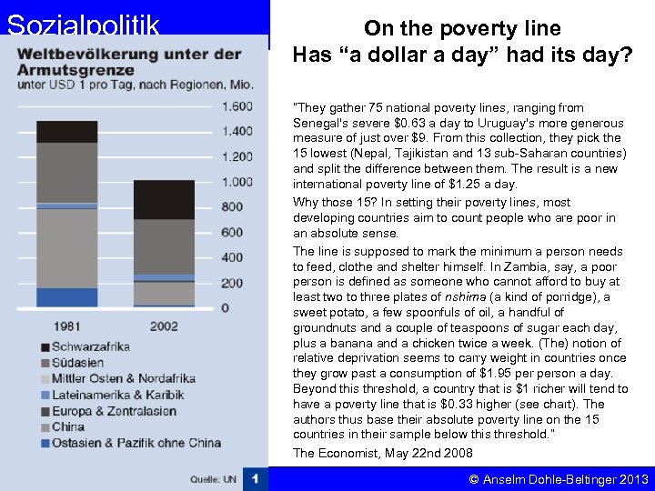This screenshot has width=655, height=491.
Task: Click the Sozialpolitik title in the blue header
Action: [83, 24]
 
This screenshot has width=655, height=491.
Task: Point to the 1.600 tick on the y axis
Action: [237, 106]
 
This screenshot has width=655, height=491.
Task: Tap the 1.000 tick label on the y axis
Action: [237, 182]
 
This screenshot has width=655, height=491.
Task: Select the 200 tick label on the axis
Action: [233, 283]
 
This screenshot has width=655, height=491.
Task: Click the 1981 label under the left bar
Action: [66, 325]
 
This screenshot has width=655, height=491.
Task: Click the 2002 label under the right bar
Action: [164, 325]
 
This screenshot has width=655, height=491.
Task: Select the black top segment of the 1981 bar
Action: [66, 132]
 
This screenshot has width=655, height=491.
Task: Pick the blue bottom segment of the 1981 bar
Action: [66, 297]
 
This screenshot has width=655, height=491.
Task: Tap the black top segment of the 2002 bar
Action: [164, 199]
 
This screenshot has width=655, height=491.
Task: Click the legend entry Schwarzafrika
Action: [90, 346]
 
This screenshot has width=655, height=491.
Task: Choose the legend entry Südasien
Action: [80, 363]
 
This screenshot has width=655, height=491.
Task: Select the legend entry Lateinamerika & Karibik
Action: [117, 395]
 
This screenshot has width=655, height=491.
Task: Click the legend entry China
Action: [68, 426]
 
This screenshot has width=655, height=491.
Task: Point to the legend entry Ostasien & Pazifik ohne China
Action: [136, 443]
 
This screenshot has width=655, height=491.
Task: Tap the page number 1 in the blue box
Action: [256, 478]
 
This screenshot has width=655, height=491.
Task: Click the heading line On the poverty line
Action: [462, 29]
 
